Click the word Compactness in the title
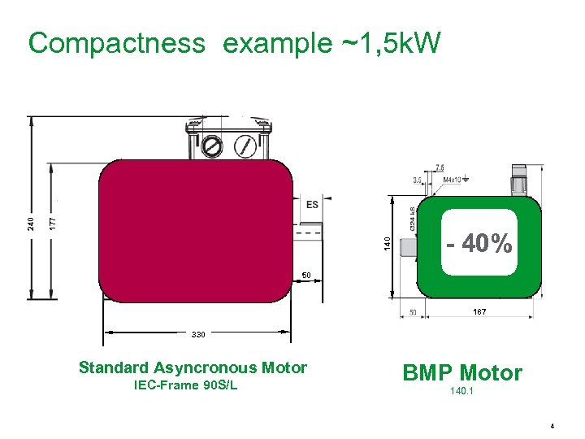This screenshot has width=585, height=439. pyautogui.click(x=116, y=43)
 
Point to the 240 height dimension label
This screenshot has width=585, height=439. pyautogui.click(x=31, y=222)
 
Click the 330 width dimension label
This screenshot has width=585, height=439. pyautogui.click(x=197, y=334)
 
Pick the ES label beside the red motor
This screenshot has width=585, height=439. pyautogui.click(x=312, y=205)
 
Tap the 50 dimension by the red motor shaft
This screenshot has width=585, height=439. pyautogui.click(x=307, y=276)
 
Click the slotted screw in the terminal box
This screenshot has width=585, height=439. pyautogui.click(x=211, y=147)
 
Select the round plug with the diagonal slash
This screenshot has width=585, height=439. pyautogui.click(x=244, y=147)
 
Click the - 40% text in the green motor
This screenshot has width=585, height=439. pyautogui.click(x=479, y=243)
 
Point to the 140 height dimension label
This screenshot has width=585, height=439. pyautogui.click(x=388, y=242)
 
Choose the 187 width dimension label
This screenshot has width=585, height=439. pyautogui.click(x=479, y=312)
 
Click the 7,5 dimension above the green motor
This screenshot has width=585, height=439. pyautogui.click(x=440, y=167)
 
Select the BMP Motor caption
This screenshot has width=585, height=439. pyautogui.click(x=462, y=373)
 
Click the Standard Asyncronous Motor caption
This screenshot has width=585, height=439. pyautogui.click(x=193, y=367)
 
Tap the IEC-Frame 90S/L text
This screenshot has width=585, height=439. pyautogui.click(x=185, y=385)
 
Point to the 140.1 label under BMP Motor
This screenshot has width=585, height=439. pyautogui.click(x=461, y=392)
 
